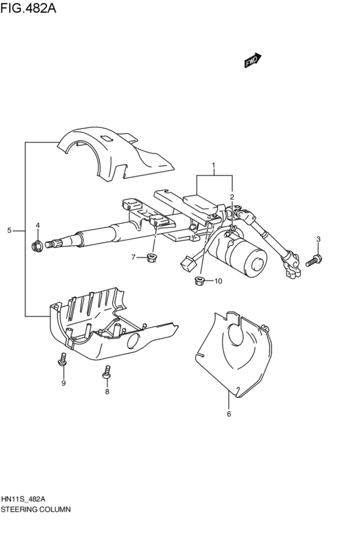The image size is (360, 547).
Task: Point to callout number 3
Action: point(318,239)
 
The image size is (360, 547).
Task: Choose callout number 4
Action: point(37,225)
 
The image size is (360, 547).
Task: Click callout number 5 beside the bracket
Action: point(10,230)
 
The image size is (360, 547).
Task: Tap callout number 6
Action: point(228,413)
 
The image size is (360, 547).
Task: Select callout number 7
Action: point(134,258)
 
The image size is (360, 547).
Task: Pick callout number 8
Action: point(107,391)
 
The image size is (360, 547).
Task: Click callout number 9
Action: point(64,384)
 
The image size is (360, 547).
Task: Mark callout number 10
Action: point(217,281)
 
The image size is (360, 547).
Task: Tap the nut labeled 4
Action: point(37,244)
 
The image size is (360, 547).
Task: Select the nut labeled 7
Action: point(152,258)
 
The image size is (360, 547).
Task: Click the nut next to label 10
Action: point(199,280)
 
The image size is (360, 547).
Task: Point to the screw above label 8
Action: point(107,371)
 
